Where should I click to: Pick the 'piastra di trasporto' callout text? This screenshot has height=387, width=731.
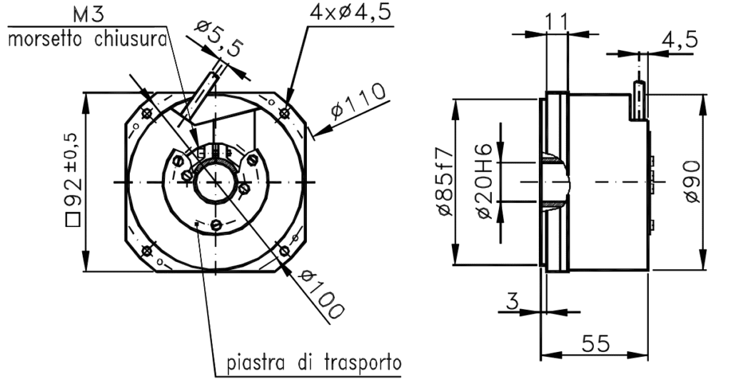click(x=313, y=363)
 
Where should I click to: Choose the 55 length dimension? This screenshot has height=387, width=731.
click(x=594, y=343)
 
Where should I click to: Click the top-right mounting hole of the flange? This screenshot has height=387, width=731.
click(x=285, y=112)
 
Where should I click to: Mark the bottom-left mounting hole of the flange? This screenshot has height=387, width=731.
click(x=147, y=250)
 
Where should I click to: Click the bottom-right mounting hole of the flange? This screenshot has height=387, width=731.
click(x=285, y=250)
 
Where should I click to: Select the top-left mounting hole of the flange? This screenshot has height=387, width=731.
click(x=147, y=113)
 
